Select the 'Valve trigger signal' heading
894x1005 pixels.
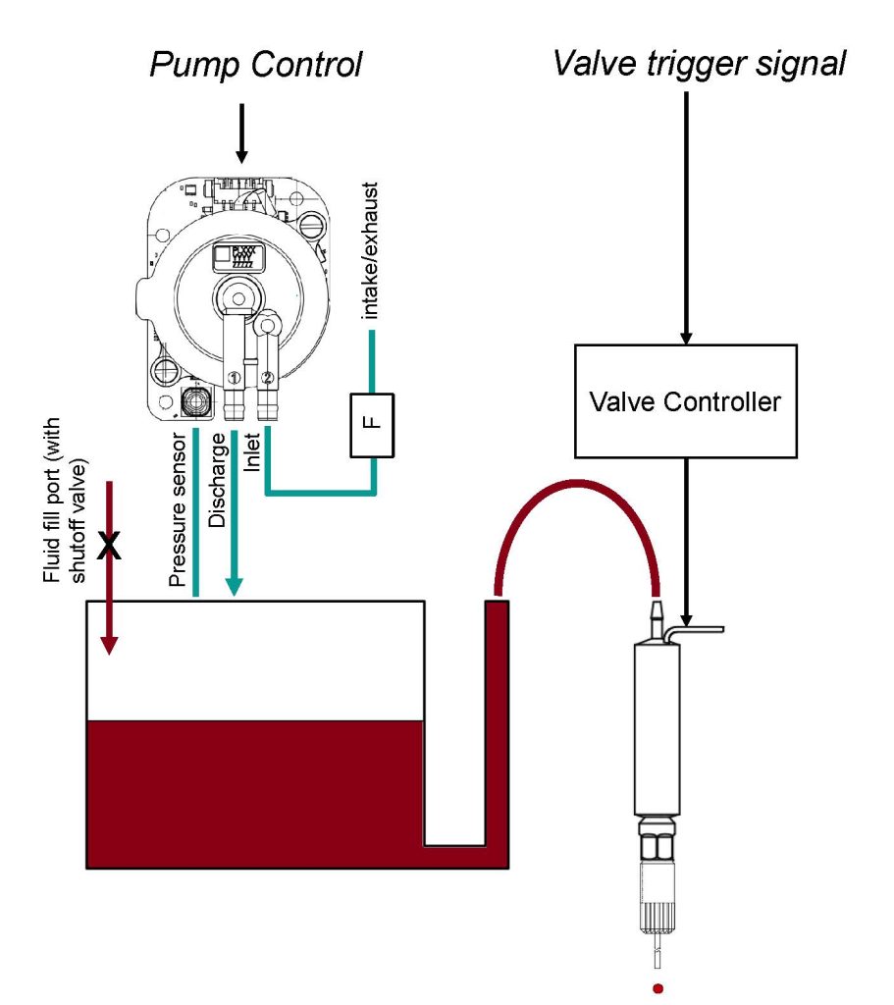[699, 63]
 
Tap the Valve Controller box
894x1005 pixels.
[686, 400]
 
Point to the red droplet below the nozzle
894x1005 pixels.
[658, 988]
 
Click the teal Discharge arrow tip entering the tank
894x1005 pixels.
[234, 586]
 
